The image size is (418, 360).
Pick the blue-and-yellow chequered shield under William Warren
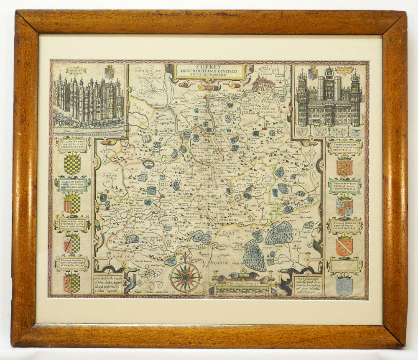72,165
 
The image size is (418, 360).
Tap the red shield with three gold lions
344,167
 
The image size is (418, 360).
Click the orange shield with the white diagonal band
344,246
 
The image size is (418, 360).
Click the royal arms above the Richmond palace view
110,72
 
